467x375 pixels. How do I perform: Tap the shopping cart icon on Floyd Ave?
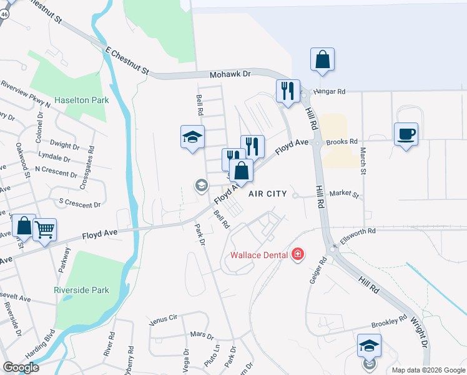(44, 230)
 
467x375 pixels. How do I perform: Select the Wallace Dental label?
(258, 254)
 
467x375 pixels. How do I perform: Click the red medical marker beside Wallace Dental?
(298, 254)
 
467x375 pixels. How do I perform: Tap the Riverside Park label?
(91, 290)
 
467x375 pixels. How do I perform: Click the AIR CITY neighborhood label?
(267, 194)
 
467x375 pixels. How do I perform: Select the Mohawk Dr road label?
(230, 74)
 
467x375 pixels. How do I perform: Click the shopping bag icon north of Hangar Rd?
(323, 60)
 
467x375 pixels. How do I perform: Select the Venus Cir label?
(164, 319)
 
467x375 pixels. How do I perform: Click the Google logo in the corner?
(21, 367)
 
